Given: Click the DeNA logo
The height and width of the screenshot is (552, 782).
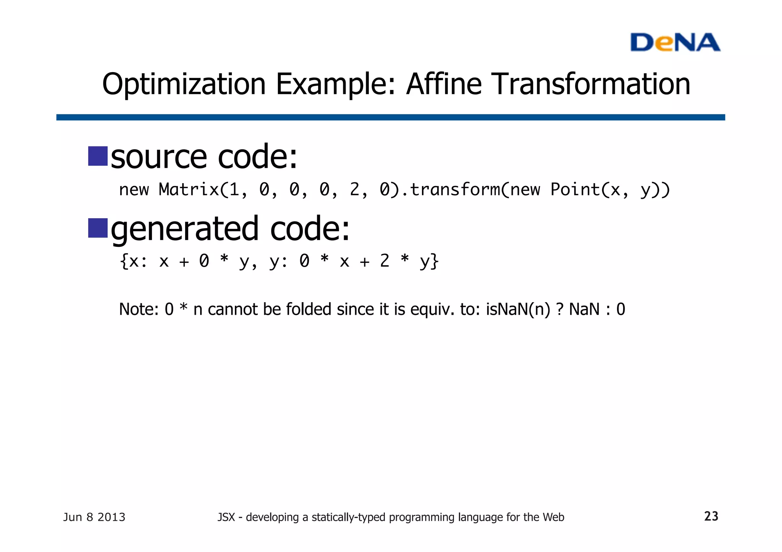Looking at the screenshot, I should (x=675, y=42).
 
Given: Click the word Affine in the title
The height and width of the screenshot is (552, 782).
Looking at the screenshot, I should (x=444, y=84).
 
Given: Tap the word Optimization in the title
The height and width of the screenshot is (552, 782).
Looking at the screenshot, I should (x=184, y=84).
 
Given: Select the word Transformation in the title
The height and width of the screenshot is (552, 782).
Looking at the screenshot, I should (x=591, y=84).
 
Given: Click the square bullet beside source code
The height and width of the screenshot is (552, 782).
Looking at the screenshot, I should (x=98, y=156).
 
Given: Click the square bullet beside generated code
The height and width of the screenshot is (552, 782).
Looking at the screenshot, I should (x=98, y=228).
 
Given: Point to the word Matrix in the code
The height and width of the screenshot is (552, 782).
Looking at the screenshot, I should (x=189, y=189).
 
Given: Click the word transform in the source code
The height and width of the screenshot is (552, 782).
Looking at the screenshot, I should (x=454, y=189).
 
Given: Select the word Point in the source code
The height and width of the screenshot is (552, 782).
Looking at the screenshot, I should (x=575, y=189).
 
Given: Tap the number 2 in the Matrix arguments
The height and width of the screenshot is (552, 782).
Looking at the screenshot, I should (x=354, y=189).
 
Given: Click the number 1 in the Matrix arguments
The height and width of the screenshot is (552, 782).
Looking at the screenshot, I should (x=234, y=189).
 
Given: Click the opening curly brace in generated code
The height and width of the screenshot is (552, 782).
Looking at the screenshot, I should (x=123, y=261).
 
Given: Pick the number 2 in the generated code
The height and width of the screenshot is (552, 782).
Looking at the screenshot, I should (x=384, y=261).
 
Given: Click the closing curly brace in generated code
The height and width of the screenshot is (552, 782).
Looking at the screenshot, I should (x=435, y=261).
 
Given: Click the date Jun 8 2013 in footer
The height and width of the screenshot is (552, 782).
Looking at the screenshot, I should (x=94, y=517).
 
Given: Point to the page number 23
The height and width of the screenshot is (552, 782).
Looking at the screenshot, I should (x=711, y=516).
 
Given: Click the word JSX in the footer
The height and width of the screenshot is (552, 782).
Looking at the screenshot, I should (x=226, y=517).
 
